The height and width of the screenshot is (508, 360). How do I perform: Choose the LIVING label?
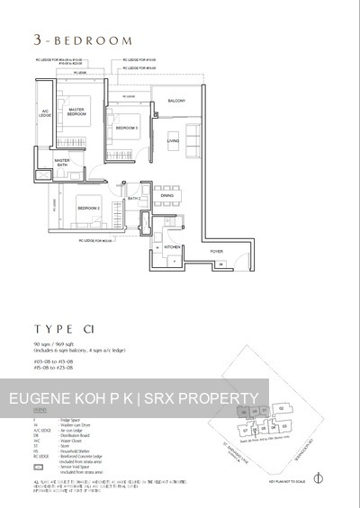[174, 141]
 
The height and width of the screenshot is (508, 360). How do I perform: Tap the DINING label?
[166, 195]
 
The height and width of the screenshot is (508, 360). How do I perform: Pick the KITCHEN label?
[174, 245]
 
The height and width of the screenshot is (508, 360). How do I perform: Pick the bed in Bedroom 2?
[86, 211]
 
